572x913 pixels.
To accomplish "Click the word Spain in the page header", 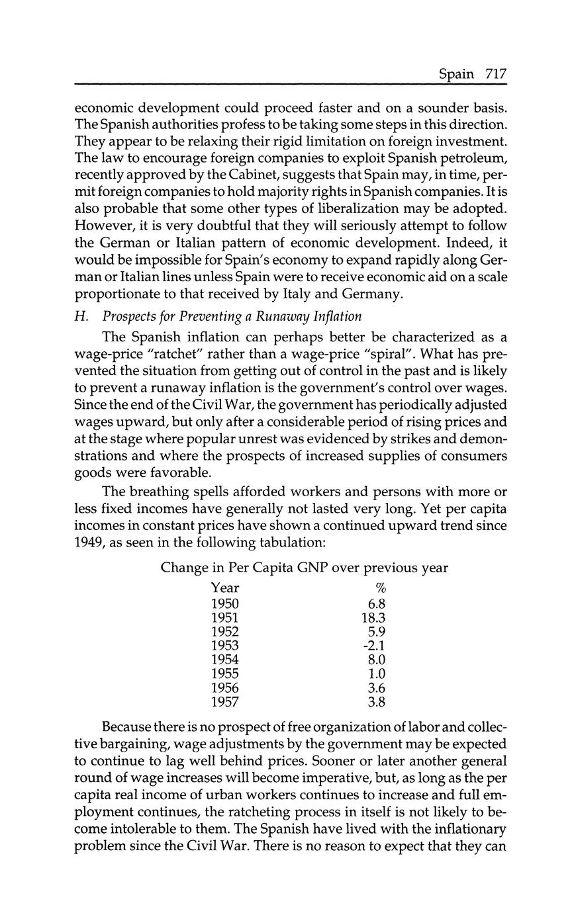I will [x=457, y=74].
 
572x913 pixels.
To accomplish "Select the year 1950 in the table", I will [x=224, y=603].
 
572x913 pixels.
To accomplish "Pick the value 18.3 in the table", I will [x=370, y=617].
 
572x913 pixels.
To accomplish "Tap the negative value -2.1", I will [x=373, y=645].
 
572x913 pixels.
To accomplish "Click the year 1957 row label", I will [x=224, y=702].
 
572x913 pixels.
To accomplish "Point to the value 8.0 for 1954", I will [x=375, y=660].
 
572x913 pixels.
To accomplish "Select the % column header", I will [x=379, y=588].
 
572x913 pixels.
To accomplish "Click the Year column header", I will [x=225, y=588].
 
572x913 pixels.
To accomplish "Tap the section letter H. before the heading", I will [x=81, y=316].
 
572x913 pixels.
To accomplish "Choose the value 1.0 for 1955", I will [x=375, y=674].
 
